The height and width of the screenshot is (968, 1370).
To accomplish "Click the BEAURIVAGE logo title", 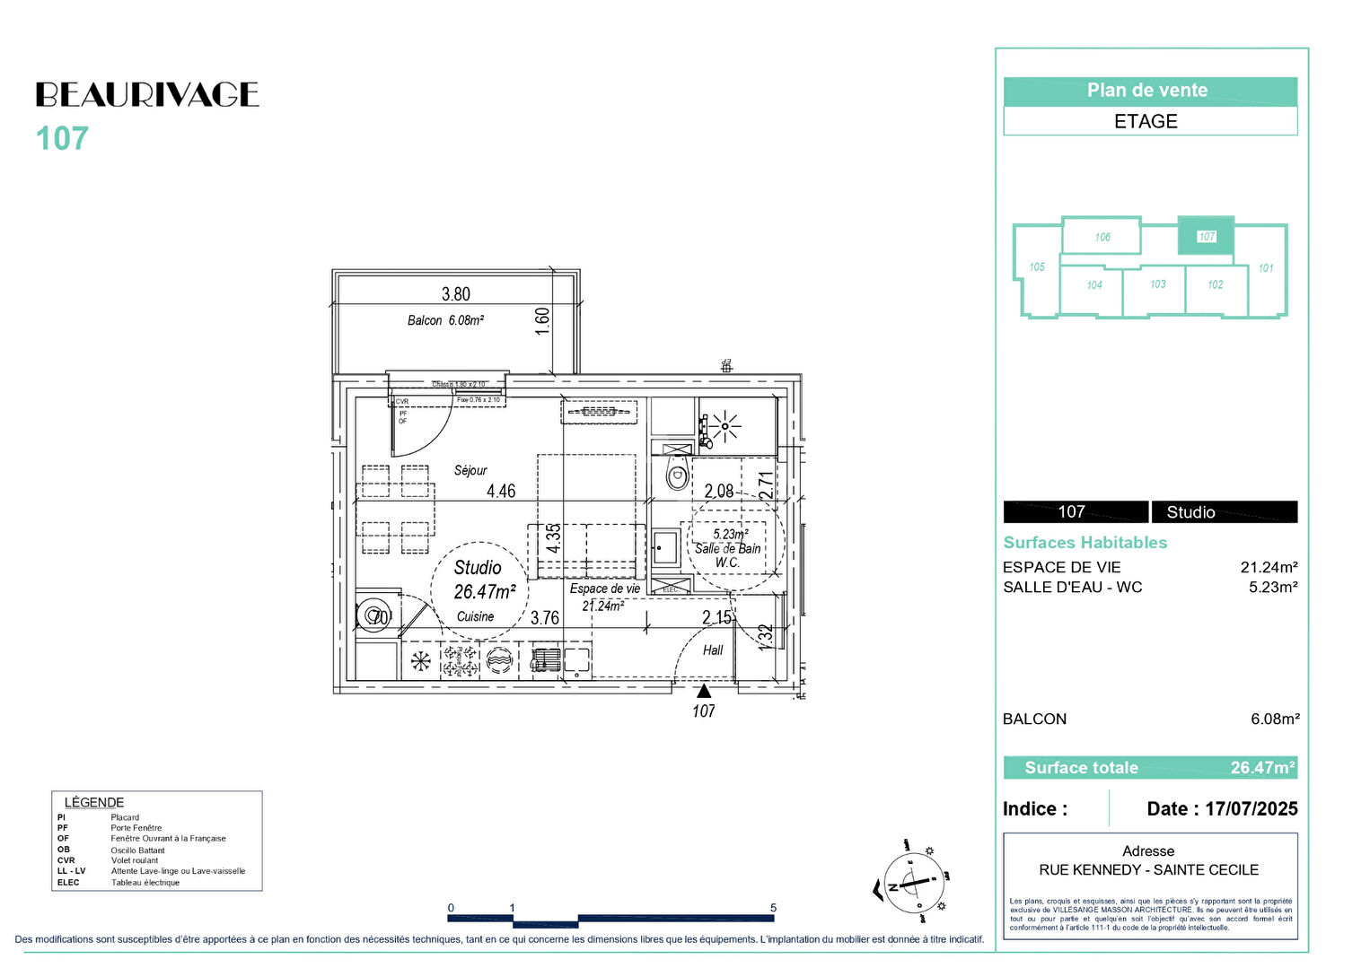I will point(147,94).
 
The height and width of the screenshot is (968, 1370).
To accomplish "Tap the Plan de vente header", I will point(1147,91).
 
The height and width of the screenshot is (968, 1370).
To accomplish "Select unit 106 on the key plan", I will point(1102,237).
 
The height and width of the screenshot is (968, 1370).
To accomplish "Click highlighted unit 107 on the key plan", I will point(1206,237).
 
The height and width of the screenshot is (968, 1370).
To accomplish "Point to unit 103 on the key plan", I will point(1158,284).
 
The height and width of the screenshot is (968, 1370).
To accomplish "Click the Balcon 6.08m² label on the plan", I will point(445,320).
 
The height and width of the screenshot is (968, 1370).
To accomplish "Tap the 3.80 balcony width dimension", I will point(455,294).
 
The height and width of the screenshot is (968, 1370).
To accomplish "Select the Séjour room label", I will point(470,470).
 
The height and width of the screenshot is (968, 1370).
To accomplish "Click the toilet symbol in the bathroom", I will point(678,475).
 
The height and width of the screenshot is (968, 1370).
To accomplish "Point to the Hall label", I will point(713,650).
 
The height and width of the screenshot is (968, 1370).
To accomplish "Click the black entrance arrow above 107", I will point(704,691).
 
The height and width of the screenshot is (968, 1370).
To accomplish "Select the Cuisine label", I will point(475,616).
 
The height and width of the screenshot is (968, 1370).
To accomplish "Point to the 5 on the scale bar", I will point(773,908).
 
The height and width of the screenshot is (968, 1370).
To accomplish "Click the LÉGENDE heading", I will point(94,802).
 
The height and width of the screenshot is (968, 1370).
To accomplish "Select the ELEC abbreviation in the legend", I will point(68,883).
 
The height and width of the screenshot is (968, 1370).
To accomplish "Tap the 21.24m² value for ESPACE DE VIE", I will point(1269,567).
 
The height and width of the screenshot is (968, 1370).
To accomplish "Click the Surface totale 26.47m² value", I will point(1261,768).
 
